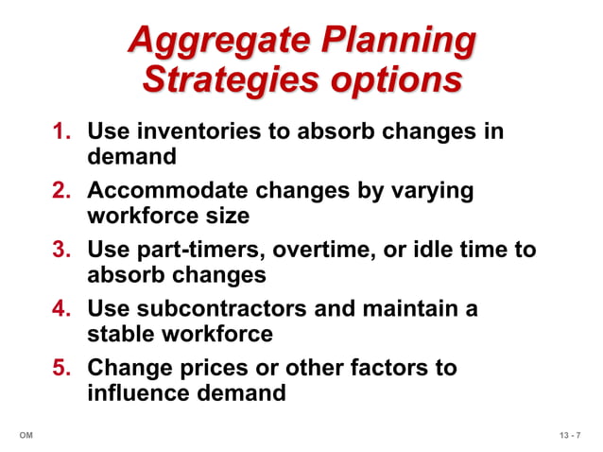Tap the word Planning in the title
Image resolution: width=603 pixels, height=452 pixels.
coord(399,42)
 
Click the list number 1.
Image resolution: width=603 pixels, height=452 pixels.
coord(62,131)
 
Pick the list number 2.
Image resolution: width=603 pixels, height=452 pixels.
coord(62,191)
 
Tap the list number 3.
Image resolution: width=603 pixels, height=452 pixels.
coord(62,250)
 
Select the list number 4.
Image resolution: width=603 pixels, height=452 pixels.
coord(62,309)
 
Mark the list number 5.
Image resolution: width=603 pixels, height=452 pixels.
coord(62,368)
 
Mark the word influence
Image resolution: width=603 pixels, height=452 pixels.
coord(137,392)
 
